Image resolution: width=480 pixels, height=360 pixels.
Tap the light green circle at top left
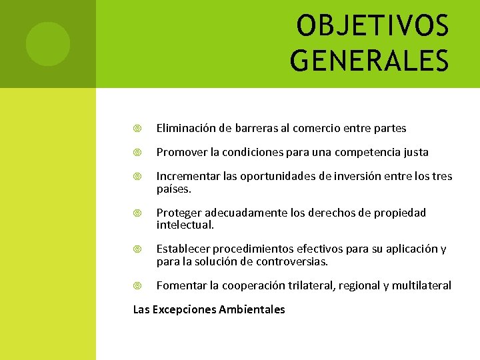[x=47, y=44]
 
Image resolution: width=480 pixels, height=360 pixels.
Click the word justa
[x=414, y=153]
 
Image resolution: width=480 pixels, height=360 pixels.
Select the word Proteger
[x=179, y=213]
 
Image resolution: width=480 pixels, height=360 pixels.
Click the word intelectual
[x=185, y=225]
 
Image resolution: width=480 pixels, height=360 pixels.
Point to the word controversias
[x=291, y=261]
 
